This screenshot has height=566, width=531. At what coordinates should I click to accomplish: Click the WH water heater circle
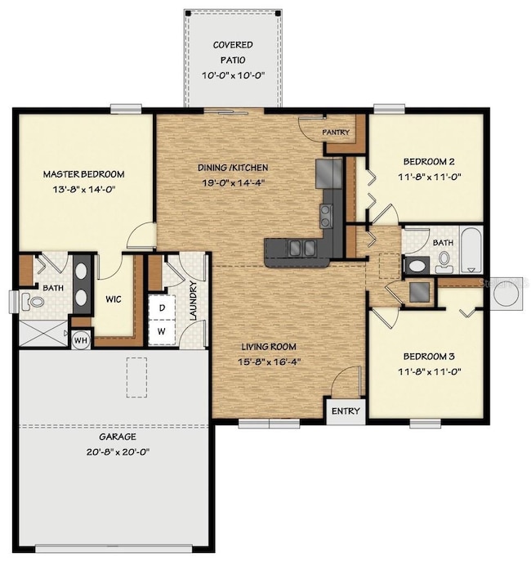[81, 340]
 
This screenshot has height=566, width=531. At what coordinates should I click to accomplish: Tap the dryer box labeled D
[162, 308]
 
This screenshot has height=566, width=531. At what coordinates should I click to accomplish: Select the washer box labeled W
[162, 332]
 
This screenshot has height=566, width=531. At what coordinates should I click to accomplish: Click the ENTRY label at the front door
[346, 411]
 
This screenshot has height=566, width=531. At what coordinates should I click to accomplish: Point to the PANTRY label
[336, 133]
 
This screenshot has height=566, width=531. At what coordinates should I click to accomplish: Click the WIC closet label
[114, 299]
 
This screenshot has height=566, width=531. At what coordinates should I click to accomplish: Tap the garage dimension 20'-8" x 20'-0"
[118, 451]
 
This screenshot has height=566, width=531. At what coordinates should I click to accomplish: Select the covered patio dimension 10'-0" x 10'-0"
[234, 75]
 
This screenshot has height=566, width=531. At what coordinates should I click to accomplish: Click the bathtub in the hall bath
[471, 250]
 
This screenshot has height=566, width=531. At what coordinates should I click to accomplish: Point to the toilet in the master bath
[32, 301]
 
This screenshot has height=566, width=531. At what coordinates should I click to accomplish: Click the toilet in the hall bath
[444, 262]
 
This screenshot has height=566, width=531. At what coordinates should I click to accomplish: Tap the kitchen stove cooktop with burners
[326, 216]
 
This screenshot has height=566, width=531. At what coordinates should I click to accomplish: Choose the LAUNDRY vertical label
[194, 300]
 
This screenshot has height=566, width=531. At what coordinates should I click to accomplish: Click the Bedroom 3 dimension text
[430, 371]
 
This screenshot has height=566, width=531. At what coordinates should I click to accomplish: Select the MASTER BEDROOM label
[83, 174]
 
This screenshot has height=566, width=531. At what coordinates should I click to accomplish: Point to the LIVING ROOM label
[269, 347]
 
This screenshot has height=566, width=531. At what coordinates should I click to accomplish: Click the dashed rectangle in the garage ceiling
[136, 378]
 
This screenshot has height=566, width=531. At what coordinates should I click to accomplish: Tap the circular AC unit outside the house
[506, 294]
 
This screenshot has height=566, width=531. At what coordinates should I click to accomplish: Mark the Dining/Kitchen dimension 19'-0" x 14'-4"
[234, 182]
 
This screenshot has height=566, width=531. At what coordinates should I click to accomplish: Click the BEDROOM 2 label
[429, 162]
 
